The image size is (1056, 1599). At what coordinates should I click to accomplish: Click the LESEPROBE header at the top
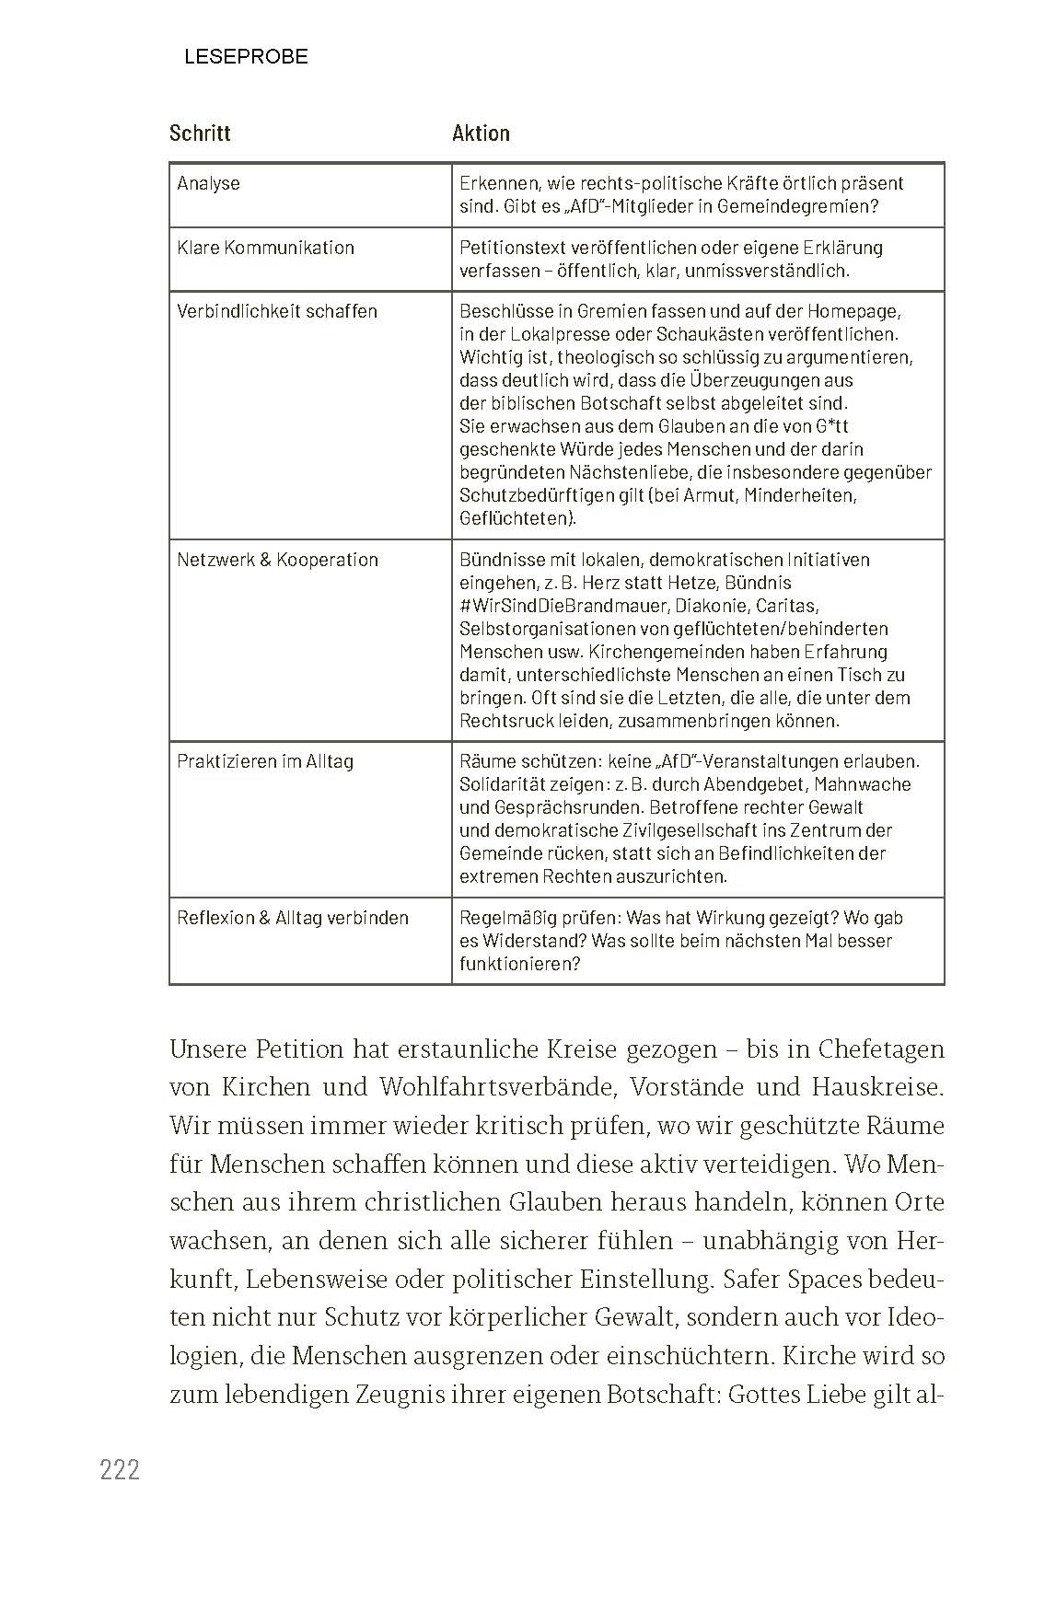point(246,57)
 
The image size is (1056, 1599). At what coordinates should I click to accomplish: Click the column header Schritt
point(200,133)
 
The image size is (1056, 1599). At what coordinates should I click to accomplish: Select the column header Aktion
point(481,133)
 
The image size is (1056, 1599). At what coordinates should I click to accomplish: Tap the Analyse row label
point(208,183)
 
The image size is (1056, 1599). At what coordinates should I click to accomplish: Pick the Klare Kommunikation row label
point(265,248)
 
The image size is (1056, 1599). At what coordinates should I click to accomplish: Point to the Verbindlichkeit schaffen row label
point(277,311)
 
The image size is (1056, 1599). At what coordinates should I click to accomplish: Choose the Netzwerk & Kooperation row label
point(277,560)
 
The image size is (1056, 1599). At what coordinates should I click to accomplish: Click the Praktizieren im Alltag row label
point(265,761)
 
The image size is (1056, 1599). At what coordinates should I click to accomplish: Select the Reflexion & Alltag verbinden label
point(293,918)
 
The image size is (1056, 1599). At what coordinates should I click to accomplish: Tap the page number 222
point(120,1470)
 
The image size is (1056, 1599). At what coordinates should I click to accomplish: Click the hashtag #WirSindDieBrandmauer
point(563,606)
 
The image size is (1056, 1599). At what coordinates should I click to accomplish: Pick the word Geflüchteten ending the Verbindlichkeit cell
point(517,518)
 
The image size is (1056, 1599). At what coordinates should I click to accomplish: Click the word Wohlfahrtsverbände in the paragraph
point(501,1087)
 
